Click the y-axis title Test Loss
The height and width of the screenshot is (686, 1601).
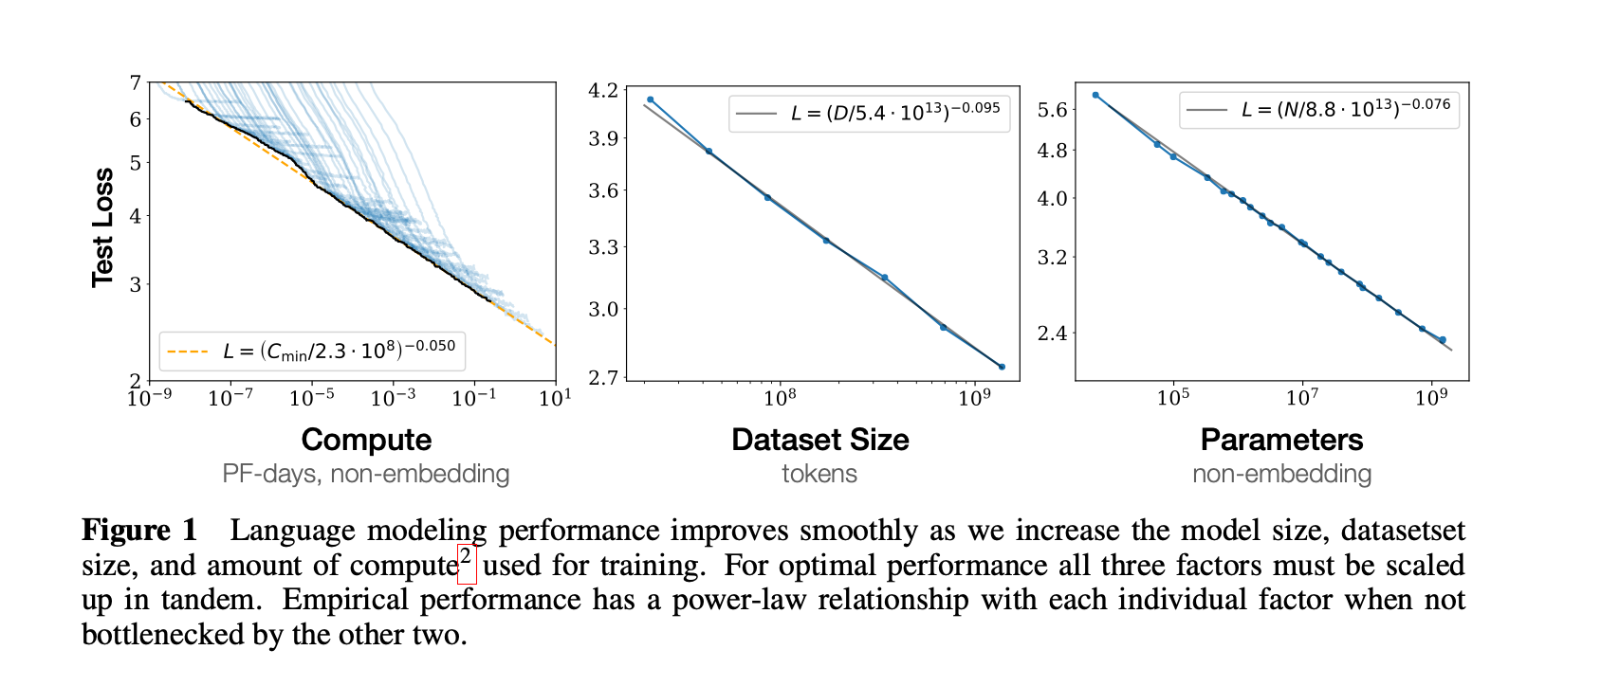click(x=102, y=227)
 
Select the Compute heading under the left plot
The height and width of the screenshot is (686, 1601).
click(x=366, y=440)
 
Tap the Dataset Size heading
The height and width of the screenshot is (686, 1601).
click(x=819, y=440)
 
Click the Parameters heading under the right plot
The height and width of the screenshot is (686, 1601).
click(x=1281, y=440)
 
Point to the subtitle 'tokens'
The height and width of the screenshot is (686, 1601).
click(x=819, y=474)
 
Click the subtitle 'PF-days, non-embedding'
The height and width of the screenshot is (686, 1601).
click(x=366, y=474)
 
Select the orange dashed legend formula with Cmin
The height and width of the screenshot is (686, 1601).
click(x=339, y=352)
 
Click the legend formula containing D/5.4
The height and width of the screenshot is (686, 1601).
click(x=894, y=113)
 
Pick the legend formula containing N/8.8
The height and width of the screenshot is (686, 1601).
click(x=1345, y=109)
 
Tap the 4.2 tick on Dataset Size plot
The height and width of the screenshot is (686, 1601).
click(x=603, y=91)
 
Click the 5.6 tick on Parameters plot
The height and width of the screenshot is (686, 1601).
click(x=1052, y=110)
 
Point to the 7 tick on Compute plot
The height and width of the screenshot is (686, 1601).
click(x=136, y=83)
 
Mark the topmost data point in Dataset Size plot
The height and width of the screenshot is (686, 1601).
click(x=651, y=99)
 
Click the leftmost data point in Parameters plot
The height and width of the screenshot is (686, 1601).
click(x=1095, y=96)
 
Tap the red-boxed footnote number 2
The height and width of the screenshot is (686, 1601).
click(x=466, y=563)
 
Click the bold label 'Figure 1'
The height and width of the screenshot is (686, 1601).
click(x=139, y=531)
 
